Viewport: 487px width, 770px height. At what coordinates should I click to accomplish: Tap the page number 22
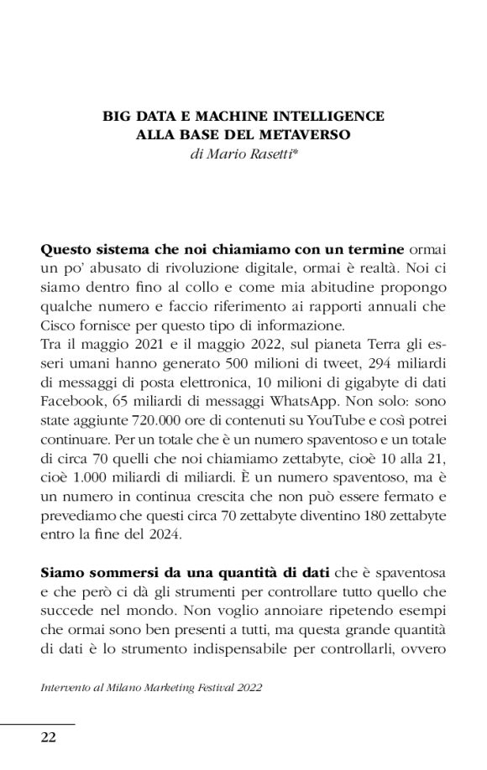pos(49,737)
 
